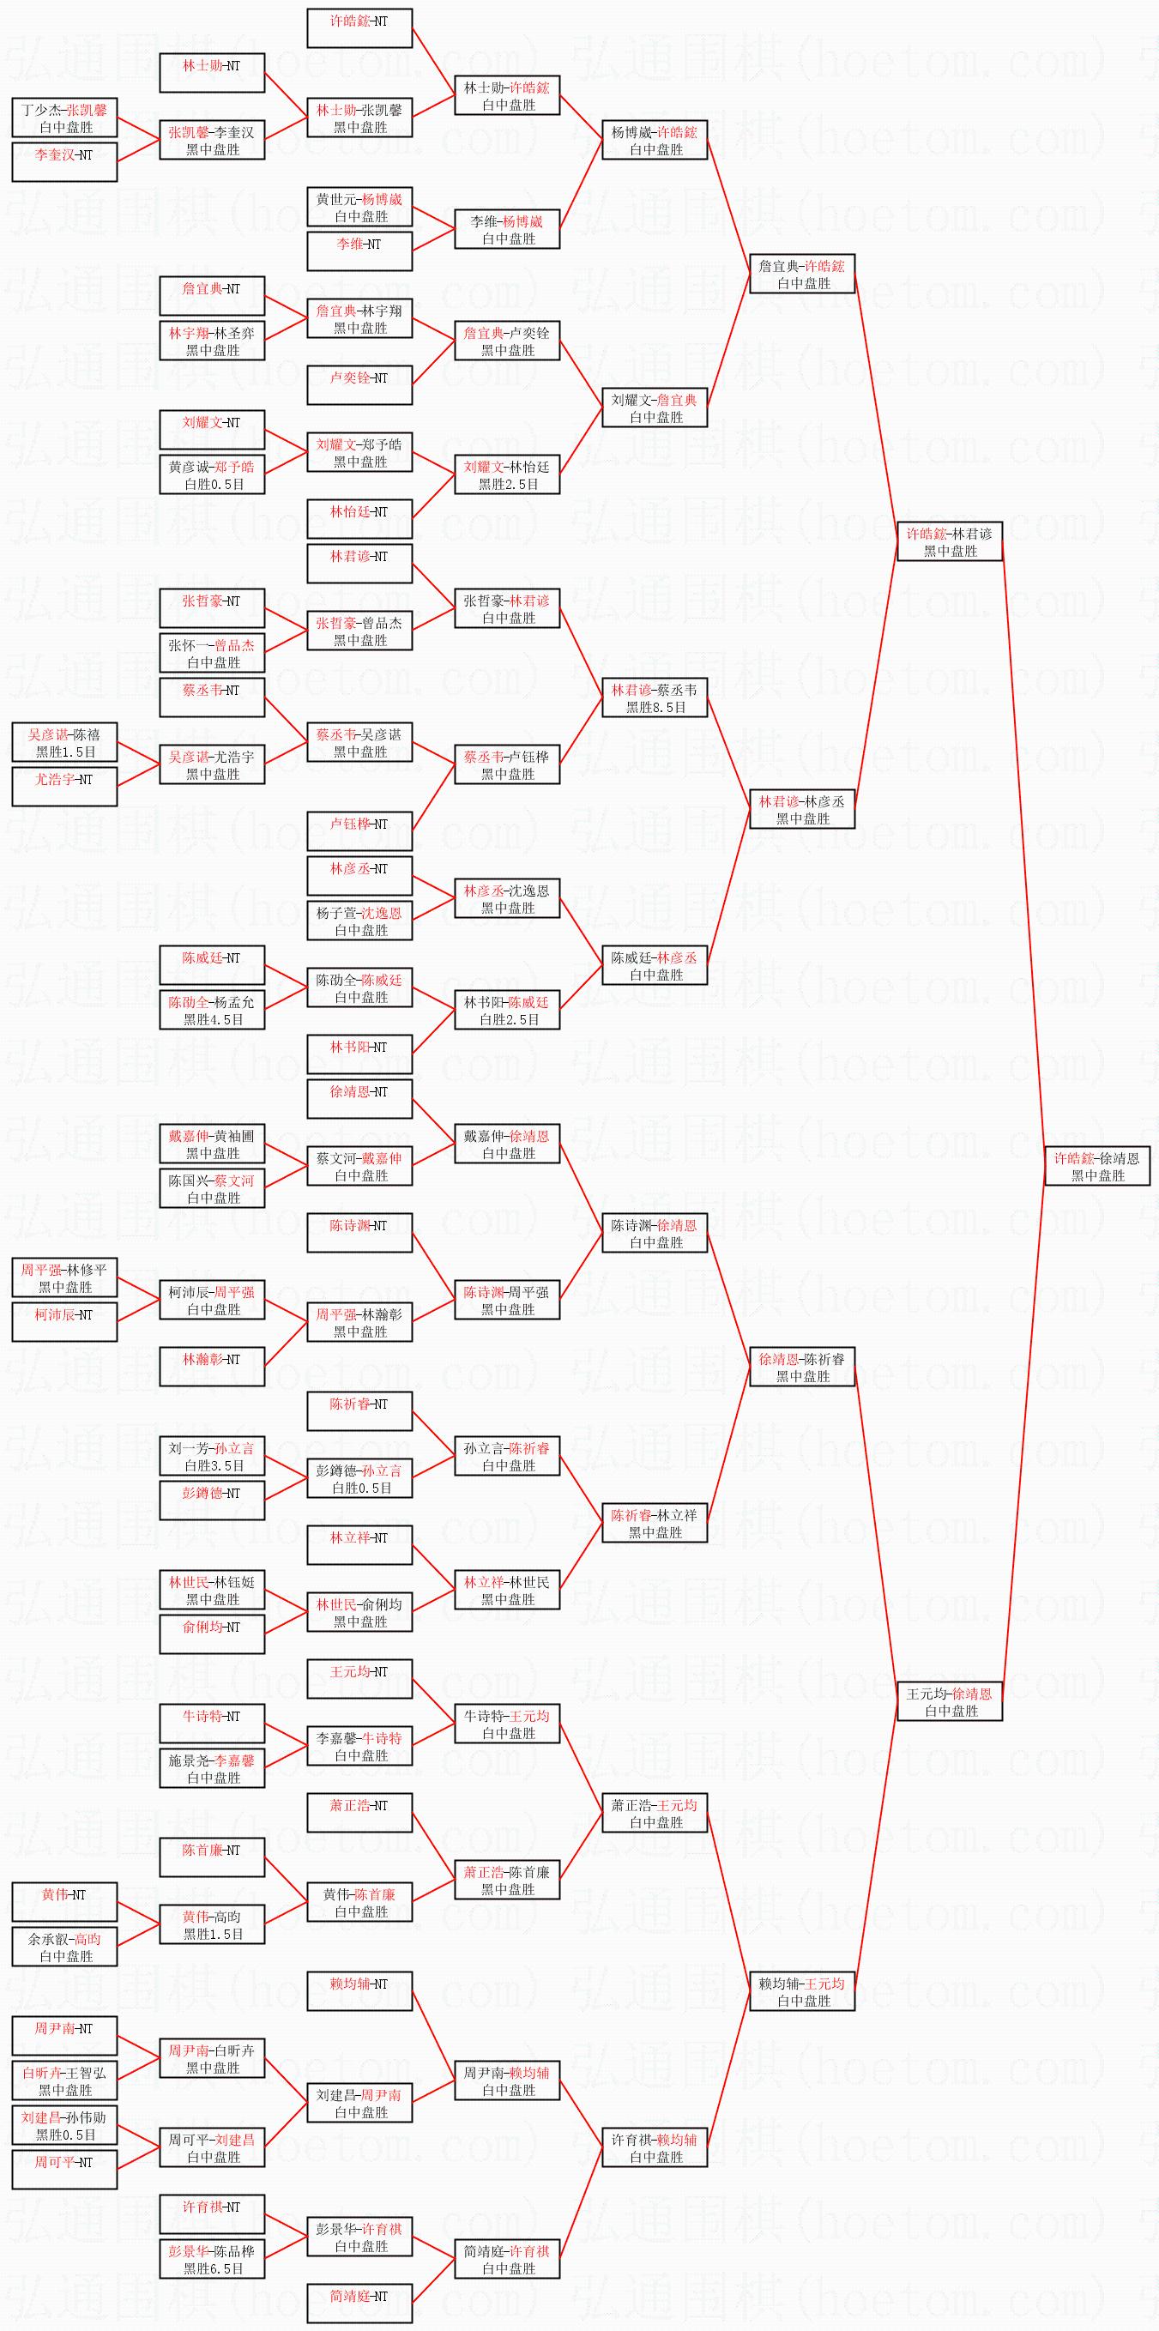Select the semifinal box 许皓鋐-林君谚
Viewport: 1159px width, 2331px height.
pyautogui.click(x=949, y=541)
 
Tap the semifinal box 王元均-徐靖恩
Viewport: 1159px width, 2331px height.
pyautogui.click(x=949, y=1701)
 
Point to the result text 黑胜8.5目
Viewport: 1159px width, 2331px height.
pyautogui.click(x=656, y=708)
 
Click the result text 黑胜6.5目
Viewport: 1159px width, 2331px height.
pyautogui.click(x=214, y=2268)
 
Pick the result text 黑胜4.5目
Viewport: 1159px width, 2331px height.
pyautogui.click(x=214, y=1020)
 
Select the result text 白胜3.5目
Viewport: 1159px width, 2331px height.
pyautogui.click(x=214, y=1466)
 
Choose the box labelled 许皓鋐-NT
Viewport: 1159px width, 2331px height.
pyautogui.click(x=359, y=28)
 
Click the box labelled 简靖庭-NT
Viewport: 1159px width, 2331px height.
pyautogui.click(x=359, y=2304)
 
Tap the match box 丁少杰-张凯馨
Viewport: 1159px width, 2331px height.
pyautogui.click(x=64, y=118)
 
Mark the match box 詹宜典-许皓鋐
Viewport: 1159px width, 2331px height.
pyautogui.click(x=801, y=274)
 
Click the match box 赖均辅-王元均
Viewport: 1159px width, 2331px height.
pyautogui.click(x=801, y=1990)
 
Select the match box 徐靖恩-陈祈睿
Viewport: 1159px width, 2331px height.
pyautogui.click(x=801, y=1367)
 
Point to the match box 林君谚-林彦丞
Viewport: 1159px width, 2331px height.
pyautogui.click(x=801, y=809)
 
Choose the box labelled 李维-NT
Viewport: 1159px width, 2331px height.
pyautogui.click(x=359, y=251)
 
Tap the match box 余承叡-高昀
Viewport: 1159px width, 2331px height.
pyautogui.click(x=64, y=1947)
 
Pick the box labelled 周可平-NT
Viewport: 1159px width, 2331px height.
pyautogui.click(x=64, y=2170)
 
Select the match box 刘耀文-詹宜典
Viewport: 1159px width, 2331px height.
pyautogui.click(x=655, y=408)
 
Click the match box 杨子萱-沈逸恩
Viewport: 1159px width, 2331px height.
pyautogui.click(x=359, y=921)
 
